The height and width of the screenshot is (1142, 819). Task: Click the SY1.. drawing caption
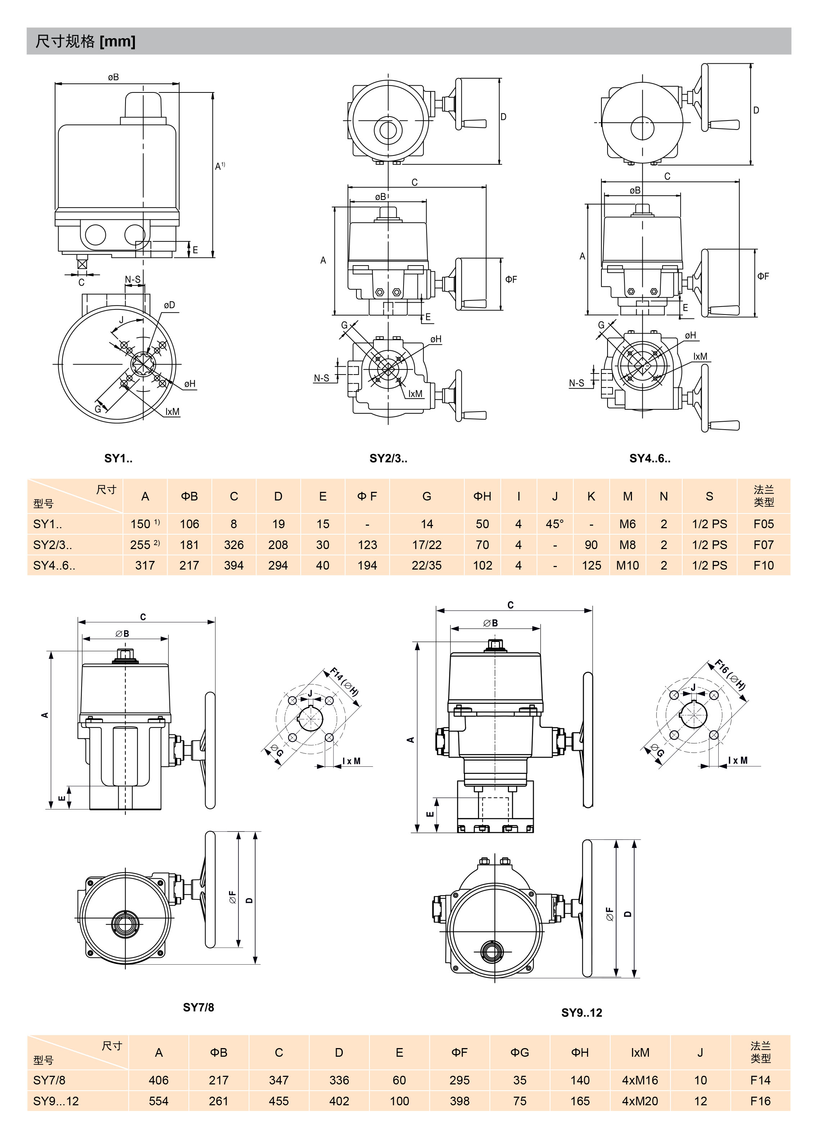(118, 458)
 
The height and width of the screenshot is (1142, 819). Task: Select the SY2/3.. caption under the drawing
(388, 458)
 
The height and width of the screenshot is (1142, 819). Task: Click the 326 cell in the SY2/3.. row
(233, 545)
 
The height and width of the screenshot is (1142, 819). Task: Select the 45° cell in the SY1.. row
(555, 524)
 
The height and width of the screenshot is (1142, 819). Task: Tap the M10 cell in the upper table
(627, 566)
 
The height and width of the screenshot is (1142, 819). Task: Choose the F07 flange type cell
(763, 545)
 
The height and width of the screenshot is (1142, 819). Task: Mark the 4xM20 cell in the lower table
(640, 1101)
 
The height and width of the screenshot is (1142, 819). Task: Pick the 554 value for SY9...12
(159, 1101)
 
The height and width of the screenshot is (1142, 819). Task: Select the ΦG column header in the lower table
(519, 1053)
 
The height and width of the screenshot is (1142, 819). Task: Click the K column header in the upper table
(591, 497)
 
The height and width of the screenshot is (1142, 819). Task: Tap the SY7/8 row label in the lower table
(49, 1080)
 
